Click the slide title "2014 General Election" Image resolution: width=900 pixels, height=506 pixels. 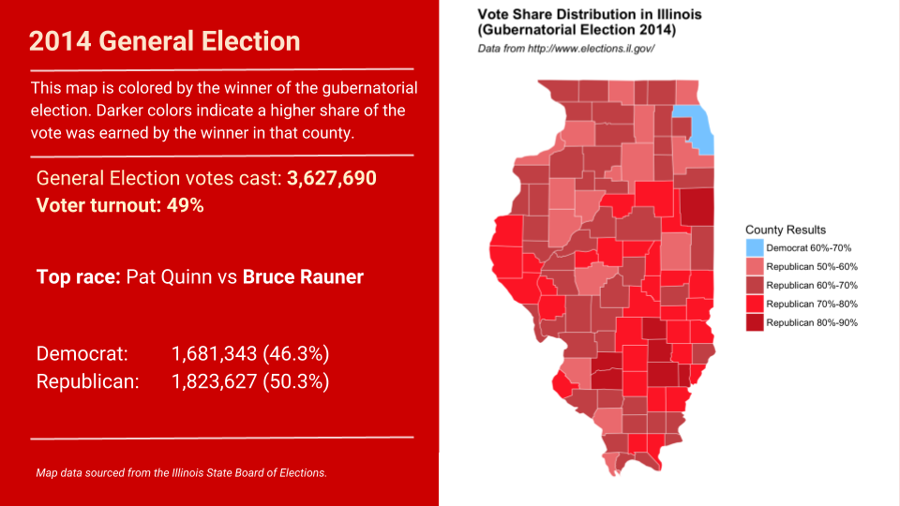(165, 42)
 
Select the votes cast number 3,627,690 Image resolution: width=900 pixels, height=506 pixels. (332, 178)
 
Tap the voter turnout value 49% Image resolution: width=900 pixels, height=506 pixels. (185, 205)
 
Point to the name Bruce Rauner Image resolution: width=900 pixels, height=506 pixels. (303, 277)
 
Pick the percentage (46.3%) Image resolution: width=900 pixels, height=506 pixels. (295, 354)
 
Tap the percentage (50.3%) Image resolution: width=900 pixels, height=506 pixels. (295, 381)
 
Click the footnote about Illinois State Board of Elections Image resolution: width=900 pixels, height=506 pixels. (181, 473)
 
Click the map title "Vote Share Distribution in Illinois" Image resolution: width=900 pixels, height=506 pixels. (590, 15)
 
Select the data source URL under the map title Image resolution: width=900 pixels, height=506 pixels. (565, 48)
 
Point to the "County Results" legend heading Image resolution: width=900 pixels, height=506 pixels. (786, 230)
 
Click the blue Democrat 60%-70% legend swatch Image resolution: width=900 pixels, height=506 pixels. (755, 248)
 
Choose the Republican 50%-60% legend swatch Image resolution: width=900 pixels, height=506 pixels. (755, 267)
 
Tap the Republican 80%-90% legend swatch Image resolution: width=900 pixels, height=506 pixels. (755, 322)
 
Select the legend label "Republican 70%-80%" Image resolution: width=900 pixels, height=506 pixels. (812, 305)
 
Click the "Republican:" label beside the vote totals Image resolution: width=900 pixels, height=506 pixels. (87, 381)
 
